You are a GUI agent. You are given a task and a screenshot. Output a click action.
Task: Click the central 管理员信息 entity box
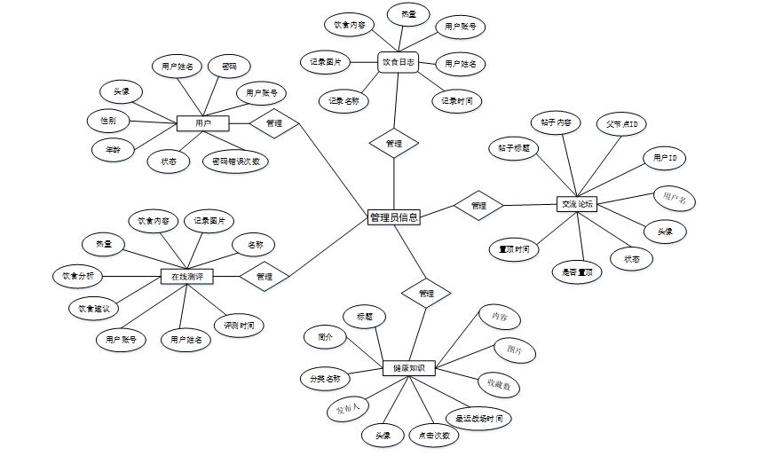[x=393, y=216]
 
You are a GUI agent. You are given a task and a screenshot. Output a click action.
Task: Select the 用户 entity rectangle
[x=202, y=123]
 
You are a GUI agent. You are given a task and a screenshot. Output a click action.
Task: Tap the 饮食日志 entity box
[x=397, y=62]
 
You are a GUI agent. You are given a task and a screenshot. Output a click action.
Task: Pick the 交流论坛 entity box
[x=577, y=204]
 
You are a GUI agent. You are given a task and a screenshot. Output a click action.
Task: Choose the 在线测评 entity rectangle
[x=186, y=277]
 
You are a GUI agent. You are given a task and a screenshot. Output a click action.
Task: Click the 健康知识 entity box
[x=409, y=367]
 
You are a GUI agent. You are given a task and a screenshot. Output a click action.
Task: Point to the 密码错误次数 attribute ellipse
[x=236, y=161]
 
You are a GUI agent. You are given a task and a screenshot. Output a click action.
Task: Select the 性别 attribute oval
[x=108, y=120]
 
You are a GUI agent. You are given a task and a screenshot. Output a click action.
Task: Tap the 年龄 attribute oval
[x=113, y=150]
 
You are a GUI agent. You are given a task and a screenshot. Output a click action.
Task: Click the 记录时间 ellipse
[x=457, y=101]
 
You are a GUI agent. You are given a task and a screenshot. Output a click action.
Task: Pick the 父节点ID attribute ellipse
[x=621, y=123]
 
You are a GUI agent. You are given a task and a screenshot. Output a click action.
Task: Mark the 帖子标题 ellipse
[x=513, y=148]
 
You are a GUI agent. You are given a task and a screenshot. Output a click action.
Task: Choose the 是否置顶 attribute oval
[x=577, y=272]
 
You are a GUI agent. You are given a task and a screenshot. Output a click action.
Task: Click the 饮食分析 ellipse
[x=78, y=277]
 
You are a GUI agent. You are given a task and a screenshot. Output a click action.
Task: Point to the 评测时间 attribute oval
[x=239, y=326]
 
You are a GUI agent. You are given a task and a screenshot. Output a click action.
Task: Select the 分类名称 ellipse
[x=325, y=379]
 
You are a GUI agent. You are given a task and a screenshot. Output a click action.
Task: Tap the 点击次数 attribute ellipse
[x=435, y=435]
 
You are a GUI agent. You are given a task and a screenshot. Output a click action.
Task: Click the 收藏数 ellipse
[x=498, y=384]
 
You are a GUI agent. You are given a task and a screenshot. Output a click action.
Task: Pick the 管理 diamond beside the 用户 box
[x=274, y=123]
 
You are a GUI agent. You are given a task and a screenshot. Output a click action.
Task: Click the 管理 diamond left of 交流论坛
[x=478, y=205]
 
